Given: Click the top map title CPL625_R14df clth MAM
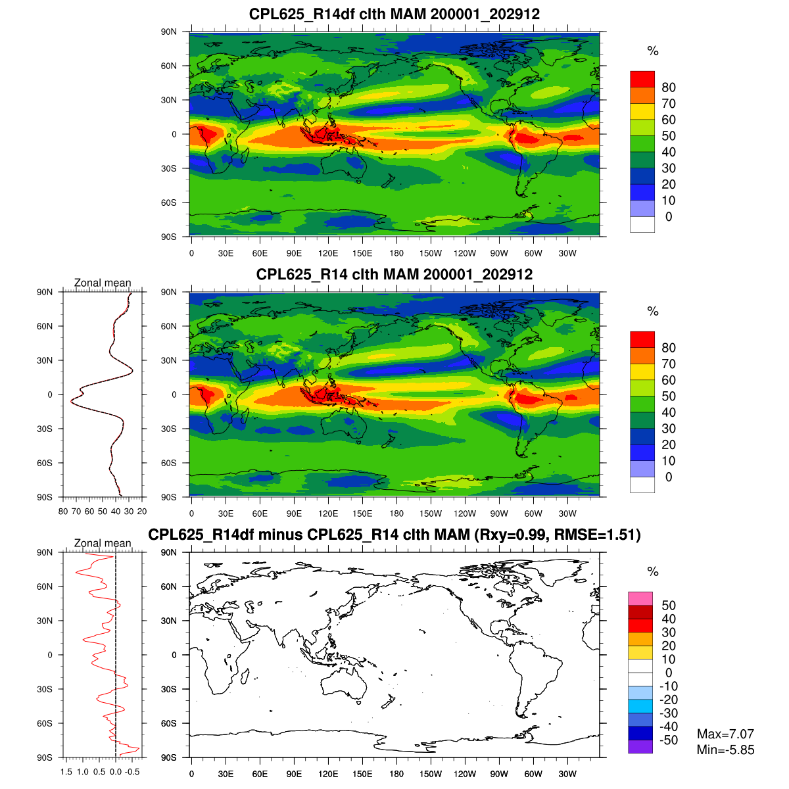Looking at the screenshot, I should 394,14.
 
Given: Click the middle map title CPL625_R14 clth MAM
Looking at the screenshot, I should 394,274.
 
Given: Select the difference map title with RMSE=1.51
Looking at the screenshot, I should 394,535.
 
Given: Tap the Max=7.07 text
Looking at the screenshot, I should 725,734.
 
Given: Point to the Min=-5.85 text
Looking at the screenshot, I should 725,750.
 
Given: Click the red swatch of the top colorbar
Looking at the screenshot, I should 642,79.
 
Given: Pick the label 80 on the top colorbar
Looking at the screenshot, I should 669,87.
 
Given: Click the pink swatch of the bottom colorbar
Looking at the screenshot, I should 640,598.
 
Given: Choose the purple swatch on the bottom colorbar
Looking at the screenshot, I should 640,747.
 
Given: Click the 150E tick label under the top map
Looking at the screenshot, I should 362,254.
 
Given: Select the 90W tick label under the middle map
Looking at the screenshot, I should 499,514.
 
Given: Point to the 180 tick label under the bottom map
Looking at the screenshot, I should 396,775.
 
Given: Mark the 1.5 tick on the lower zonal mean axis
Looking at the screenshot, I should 66,772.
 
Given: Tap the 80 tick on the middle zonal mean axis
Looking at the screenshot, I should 63,512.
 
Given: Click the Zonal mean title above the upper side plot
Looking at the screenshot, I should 103,283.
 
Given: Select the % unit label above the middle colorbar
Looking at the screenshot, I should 652,312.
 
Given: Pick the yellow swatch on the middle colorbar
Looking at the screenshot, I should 642,371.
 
